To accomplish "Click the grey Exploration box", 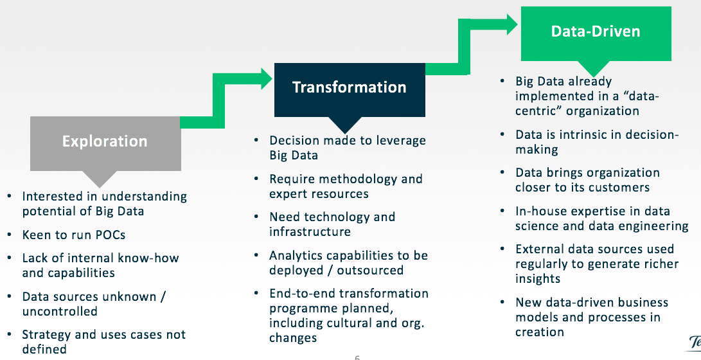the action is click(x=105, y=142).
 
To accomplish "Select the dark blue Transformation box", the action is click(x=350, y=88).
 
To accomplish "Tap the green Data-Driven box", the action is click(x=596, y=32).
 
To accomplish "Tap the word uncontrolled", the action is click(x=60, y=311).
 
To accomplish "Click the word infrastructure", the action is click(x=310, y=231).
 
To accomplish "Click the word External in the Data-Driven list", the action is click(x=540, y=249).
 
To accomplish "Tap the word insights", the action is click(x=538, y=278).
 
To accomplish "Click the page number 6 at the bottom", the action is click(x=357, y=357).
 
